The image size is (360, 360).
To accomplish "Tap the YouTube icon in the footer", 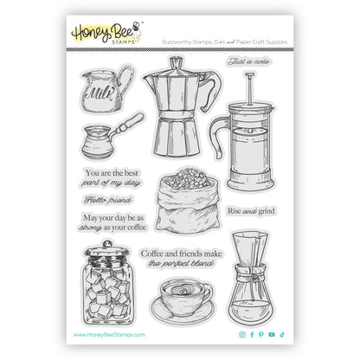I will pos(271,334).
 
